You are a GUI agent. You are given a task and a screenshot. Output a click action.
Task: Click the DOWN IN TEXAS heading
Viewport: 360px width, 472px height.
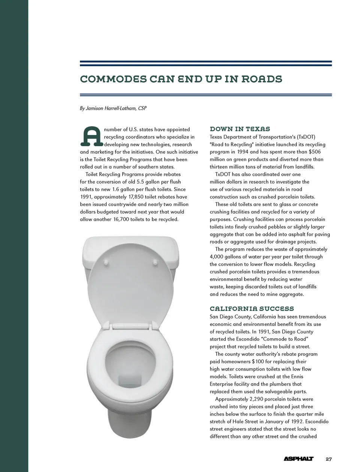click(240, 129)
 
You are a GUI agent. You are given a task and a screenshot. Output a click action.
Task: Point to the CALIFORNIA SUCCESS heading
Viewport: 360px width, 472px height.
click(252, 309)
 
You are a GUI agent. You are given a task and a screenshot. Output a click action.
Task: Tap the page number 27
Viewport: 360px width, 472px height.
click(328, 459)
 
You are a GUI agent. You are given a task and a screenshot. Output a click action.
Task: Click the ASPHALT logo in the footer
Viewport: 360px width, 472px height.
click(298, 459)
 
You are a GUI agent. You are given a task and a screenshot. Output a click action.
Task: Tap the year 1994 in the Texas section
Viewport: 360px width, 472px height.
click(243, 152)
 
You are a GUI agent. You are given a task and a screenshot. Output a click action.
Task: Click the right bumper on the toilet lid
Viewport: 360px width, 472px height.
click(154, 263)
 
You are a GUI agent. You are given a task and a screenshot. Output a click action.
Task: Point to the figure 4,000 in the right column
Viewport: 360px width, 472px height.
click(218, 257)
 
